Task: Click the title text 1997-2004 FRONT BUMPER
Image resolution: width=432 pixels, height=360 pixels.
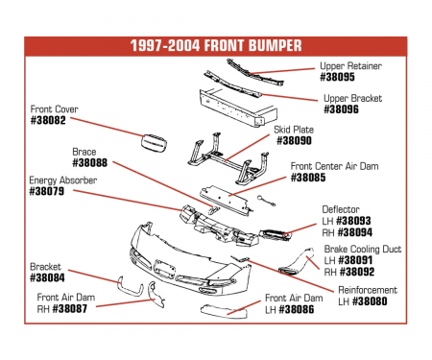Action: (x=215, y=45)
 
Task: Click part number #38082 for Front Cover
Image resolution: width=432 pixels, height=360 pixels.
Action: (x=48, y=121)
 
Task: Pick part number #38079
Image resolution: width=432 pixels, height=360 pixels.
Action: (x=48, y=191)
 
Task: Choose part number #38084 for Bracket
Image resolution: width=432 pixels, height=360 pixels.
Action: (x=48, y=277)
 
